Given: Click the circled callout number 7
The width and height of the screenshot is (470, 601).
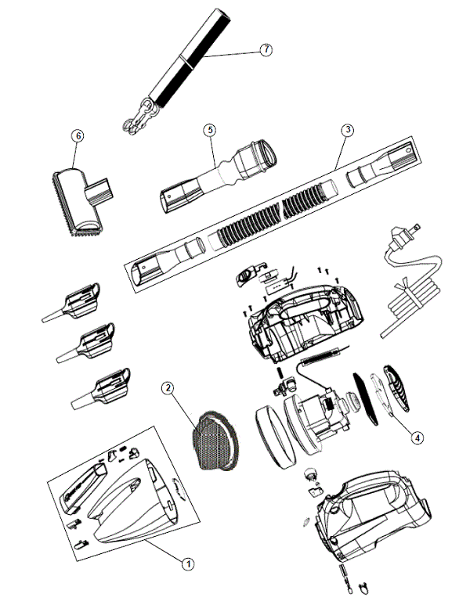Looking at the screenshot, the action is pos(266,50).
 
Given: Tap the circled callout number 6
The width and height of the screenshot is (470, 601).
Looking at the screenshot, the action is pos(78,136).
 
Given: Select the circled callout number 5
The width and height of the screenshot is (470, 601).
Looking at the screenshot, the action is pos(209,130).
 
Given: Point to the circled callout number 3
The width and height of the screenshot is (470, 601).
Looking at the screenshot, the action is pos(348,130).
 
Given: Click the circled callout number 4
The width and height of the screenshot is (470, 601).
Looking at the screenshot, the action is pos(417,437).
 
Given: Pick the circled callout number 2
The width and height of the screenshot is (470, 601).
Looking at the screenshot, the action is pos(168,388).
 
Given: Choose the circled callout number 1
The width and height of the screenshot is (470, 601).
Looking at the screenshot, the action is pos(188,563).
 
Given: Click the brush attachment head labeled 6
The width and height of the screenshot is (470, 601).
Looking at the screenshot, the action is pos(81,201).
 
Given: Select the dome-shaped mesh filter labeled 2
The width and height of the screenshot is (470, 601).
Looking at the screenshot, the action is pos(214,441).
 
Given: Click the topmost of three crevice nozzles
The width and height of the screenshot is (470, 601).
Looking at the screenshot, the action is pos(73,303).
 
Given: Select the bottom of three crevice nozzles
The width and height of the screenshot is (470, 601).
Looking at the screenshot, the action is pos(102,389).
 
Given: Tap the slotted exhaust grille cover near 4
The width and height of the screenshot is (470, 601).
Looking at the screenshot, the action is pos(396,388).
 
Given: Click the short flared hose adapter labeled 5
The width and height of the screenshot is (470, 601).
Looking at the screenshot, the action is pos(218,175).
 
